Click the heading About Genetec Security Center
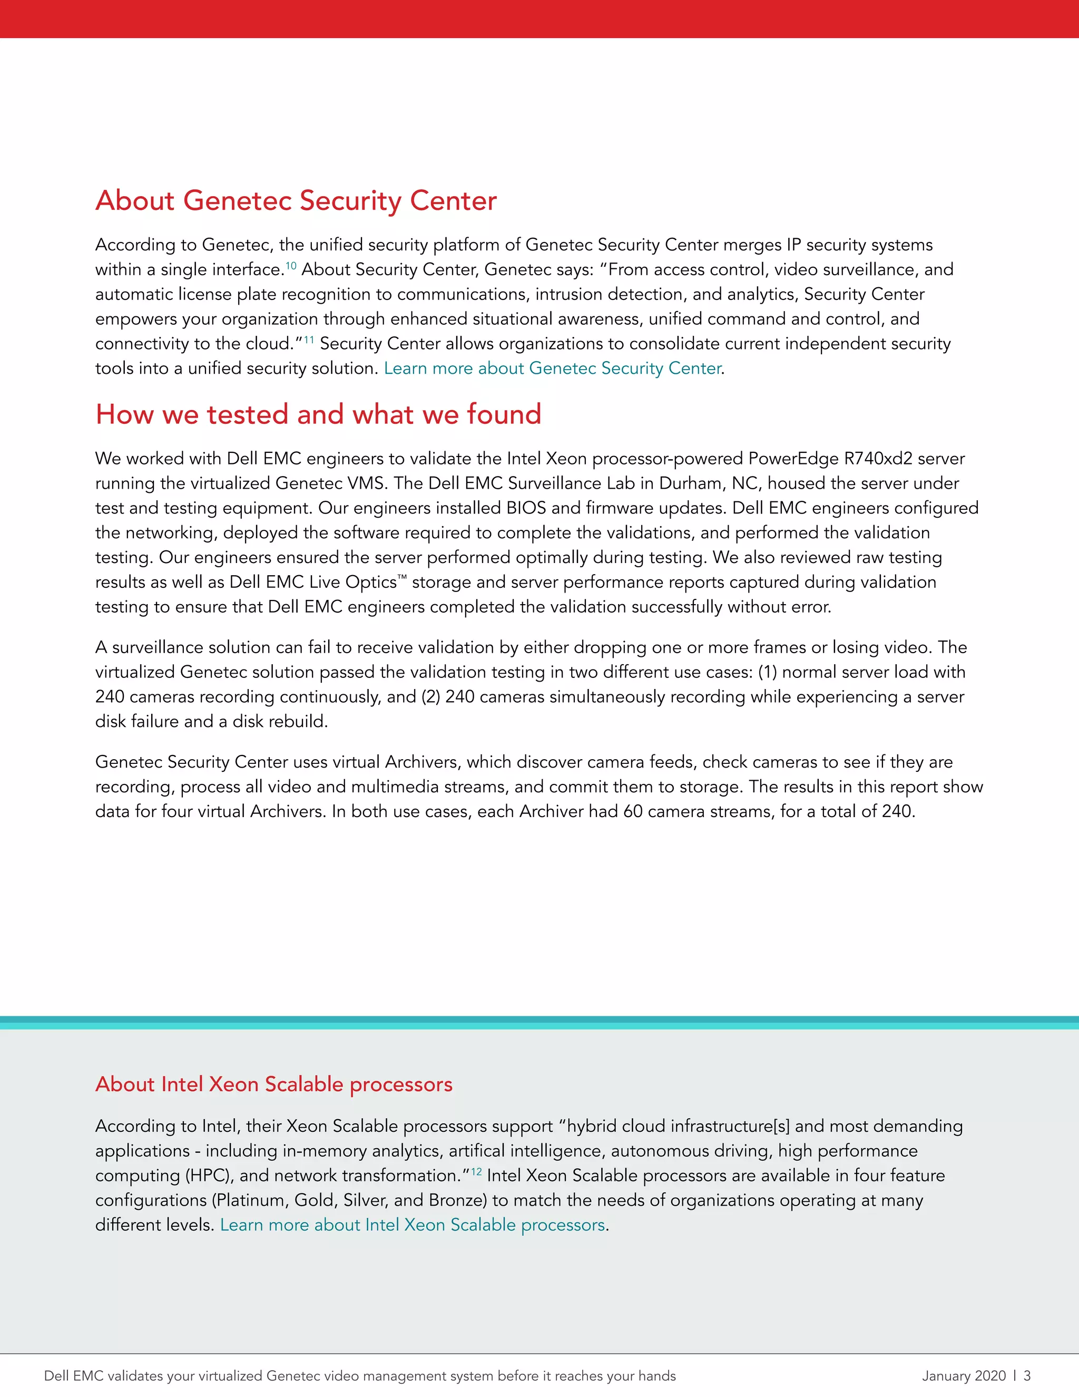tap(296, 201)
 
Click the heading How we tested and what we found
tap(318, 414)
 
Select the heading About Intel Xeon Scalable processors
tap(273, 1084)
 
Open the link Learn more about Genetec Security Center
tap(552, 368)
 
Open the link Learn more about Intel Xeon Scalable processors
tap(413, 1225)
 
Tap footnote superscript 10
tap(291, 266)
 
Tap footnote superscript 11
tap(309, 339)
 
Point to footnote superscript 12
tap(476, 1171)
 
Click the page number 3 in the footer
tap(1027, 1376)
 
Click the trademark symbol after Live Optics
tap(402, 578)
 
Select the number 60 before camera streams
tap(632, 812)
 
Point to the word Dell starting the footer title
tap(56, 1376)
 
